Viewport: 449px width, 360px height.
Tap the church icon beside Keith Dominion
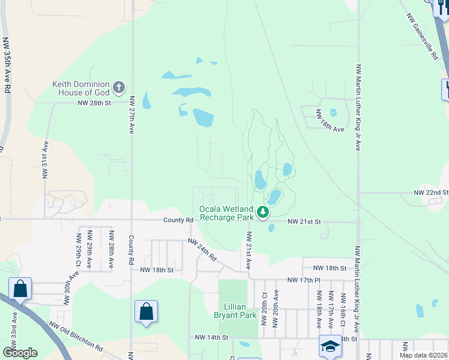click(119, 88)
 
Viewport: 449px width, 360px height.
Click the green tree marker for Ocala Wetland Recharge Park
click(262, 212)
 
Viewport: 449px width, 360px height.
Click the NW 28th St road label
click(95, 103)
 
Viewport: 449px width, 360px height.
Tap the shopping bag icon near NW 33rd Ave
click(20, 289)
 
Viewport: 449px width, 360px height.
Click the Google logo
click(20, 352)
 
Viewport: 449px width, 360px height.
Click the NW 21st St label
click(304, 222)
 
